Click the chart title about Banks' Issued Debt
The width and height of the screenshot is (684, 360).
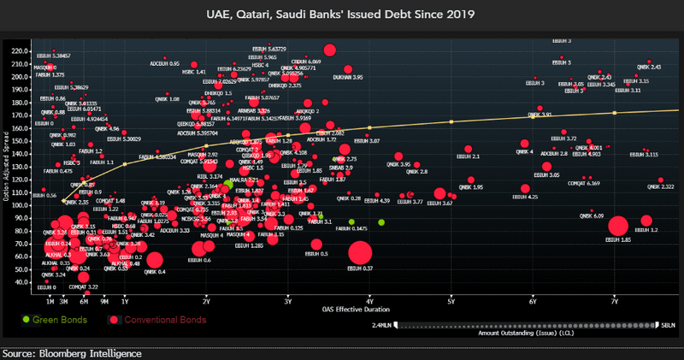[341, 14]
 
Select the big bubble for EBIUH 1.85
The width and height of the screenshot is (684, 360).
[618, 227]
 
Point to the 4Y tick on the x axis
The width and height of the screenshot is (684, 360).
[369, 300]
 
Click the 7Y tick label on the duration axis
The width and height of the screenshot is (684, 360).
[615, 300]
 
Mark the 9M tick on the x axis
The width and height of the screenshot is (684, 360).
[104, 300]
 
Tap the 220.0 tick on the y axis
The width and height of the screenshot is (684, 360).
[18, 50]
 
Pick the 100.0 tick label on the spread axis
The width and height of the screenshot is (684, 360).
[18, 205]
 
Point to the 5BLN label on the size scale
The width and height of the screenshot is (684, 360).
[669, 325]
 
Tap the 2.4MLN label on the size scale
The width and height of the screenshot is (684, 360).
[382, 325]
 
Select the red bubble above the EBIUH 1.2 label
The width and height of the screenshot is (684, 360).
[646, 221]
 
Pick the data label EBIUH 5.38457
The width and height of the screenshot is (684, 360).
[54, 55]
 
